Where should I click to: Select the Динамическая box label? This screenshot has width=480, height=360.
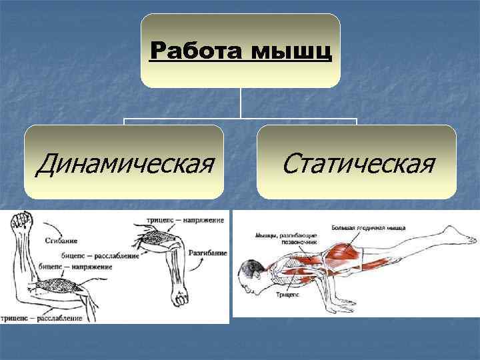tap(125, 163)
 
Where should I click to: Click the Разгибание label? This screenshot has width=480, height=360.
tap(208, 253)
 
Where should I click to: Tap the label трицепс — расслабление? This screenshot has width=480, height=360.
tap(43, 318)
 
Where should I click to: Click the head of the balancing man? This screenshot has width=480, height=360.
tap(249, 277)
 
